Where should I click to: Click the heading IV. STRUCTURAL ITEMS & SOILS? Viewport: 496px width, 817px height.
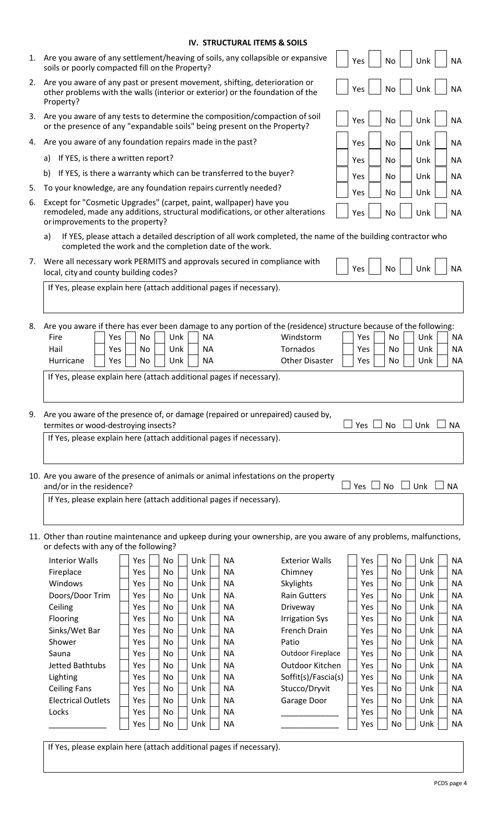click(x=247, y=43)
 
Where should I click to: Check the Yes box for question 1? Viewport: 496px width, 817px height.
click(x=342, y=59)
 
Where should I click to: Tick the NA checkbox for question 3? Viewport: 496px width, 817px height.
click(x=441, y=119)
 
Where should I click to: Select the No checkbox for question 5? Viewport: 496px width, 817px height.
click(x=374, y=191)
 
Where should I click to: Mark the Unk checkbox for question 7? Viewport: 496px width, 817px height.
click(x=406, y=267)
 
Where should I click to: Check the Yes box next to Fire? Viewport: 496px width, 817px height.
click(x=100, y=337)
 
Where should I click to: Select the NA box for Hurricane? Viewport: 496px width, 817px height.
click(x=193, y=360)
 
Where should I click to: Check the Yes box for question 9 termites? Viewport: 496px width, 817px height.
click(x=348, y=424)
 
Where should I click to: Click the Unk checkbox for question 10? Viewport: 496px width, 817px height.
click(x=406, y=486)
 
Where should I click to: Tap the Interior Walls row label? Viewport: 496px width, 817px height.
click(x=73, y=561)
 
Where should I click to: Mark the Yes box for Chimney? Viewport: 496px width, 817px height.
click(x=352, y=572)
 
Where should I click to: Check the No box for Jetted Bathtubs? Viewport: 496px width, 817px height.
click(x=154, y=666)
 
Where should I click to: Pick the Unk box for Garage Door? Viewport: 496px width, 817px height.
click(x=410, y=701)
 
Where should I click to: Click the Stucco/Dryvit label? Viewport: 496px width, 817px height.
click(x=305, y=689)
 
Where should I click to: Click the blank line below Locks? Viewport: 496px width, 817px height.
click(x=77, y=725)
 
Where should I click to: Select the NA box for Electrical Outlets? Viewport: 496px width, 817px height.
click(x=215, y=701)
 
